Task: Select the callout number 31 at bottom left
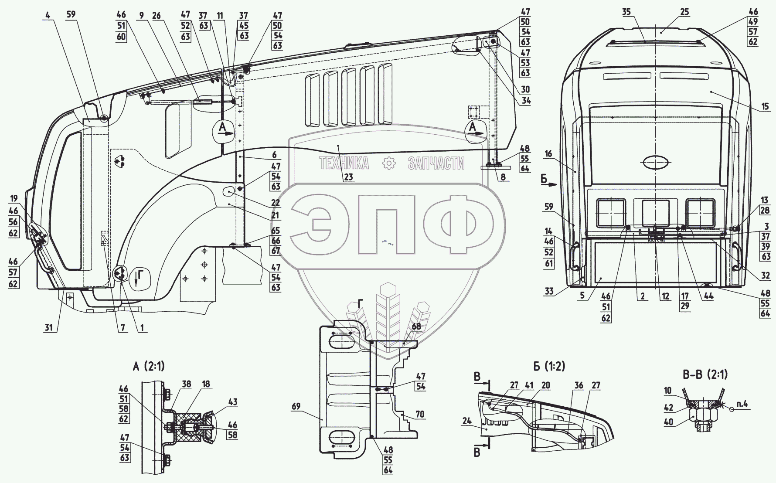[x=51, y=327]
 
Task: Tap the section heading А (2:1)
[x=148, y=366]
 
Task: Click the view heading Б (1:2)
[x=548, y=366]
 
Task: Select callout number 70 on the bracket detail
[x=420, y=414]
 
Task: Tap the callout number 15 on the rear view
[x=766, y=106]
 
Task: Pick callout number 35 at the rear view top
[x=626, y=12]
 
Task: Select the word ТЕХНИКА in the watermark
[x=344, y=163]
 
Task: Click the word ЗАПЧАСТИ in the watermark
[x=436, y=163]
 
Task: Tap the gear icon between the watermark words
[x=388, y=163]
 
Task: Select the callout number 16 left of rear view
[x=548, y=153]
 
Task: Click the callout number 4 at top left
[x=47, y=14]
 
